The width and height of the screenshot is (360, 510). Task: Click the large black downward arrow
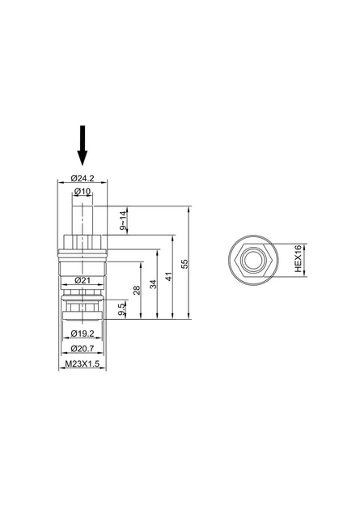(x=83, y=145)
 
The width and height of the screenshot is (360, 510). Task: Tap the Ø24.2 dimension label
(x=83, y=178)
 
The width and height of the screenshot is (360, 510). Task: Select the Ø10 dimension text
(x=83, y=192)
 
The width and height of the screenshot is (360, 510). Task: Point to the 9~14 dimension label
(x=122, y=220)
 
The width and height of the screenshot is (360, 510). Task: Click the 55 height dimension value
(x=184, y=263)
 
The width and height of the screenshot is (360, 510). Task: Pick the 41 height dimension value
(x=168, y=277)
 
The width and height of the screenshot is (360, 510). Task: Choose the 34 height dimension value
(x=153, y=284)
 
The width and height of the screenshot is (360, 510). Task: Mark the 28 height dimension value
(x=137, y=290)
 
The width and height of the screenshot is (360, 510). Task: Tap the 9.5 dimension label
(x=121, y=309)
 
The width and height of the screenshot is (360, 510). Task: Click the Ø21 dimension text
(x=83, y=280)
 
